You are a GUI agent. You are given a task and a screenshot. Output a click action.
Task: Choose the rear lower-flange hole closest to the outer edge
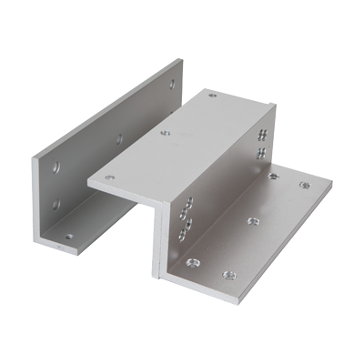coord(301,187)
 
